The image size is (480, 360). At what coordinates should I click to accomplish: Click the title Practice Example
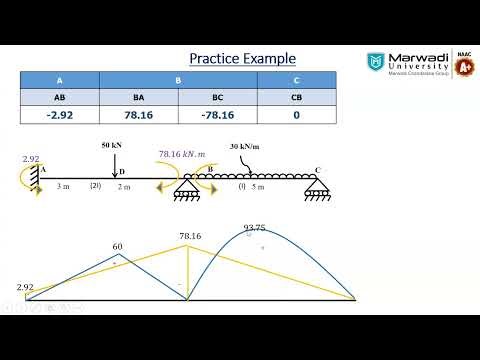[x=242, y=58]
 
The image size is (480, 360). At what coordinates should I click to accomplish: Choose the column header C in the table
[x=295, y=81]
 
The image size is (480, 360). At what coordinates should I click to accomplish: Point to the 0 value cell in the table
[x=295, y=118]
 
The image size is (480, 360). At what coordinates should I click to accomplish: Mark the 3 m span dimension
[x=62, y=186]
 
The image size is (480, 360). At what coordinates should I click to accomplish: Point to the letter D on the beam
[x=122, y=172]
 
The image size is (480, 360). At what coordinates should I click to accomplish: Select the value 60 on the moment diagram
[x=117, y=246]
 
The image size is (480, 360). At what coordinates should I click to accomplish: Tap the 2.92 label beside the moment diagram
[x=26, y=287]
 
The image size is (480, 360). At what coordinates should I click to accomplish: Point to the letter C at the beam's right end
[x=318, y=171]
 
